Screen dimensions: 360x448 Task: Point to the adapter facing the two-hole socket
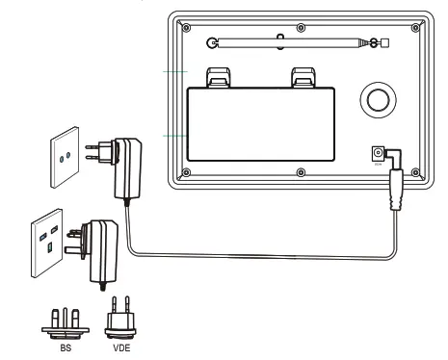pyautogui.click(x=125, y=165)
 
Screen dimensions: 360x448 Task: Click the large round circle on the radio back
pyautogui.click(x=377, y=100)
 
